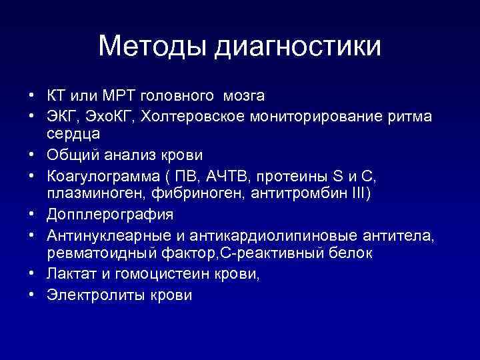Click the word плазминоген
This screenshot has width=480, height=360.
pyautogui.click(x=93, y=193)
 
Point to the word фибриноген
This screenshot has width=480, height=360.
pyautogui.click(x=185, y=193)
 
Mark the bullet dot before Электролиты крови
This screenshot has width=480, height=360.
pyautogui.click(x=33, y=294)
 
